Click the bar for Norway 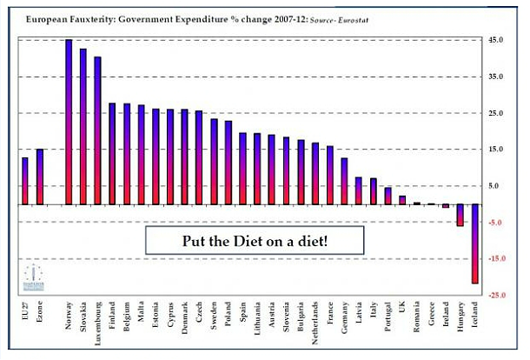[69, 122]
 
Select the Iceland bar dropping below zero [475, 243]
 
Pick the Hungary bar [460, 215]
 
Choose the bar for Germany [344, 181]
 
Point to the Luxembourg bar [97, 130]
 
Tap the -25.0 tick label [494, 296]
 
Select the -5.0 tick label [495, 223]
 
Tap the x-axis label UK [402, 308]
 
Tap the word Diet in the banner [256, 240]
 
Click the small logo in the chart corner [30, 275]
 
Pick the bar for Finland [112, 154]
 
